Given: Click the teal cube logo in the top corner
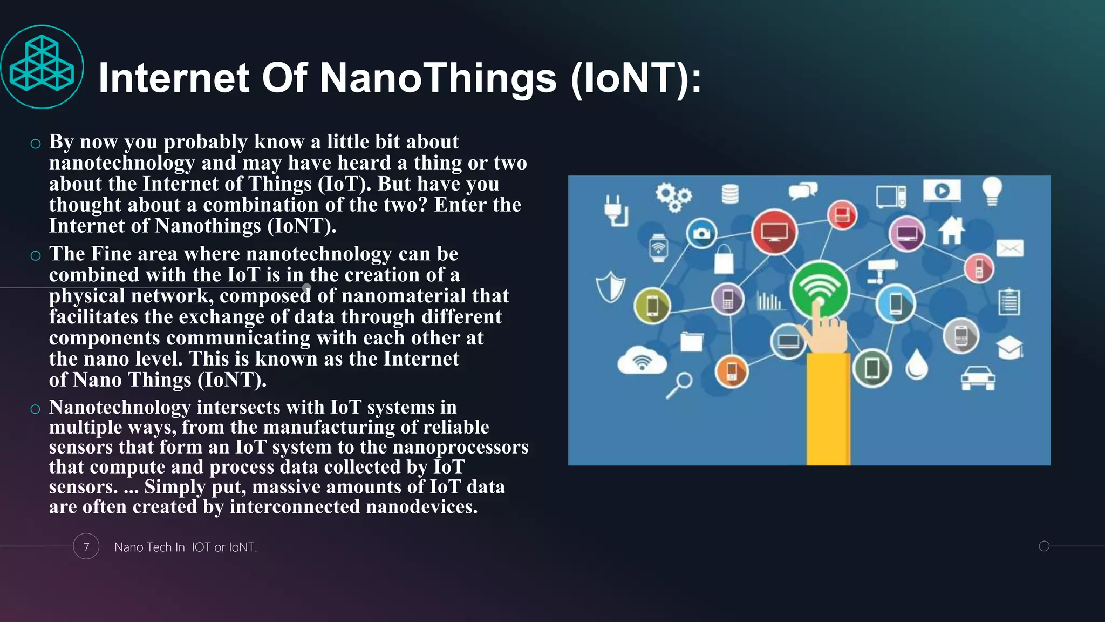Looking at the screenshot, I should pos(42,66).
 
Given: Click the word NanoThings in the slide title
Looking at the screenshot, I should pos(438,78).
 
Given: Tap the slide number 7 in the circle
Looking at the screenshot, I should pos(86,546).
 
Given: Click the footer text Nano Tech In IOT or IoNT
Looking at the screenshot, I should pos(185,547).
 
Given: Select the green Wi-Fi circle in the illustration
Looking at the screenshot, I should pos(819,289).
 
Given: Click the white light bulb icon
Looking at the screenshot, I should pos(992,191).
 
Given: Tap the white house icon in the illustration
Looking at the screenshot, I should pos(951,231).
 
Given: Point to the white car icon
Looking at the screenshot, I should pos(978,377).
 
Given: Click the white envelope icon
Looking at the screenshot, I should pos(1009,248).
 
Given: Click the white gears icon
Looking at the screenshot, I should pos(673,197).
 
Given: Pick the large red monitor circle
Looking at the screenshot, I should pos(774,232).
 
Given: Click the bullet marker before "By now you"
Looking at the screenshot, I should pos(36,144).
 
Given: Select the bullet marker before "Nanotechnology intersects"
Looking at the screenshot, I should pos(36,409).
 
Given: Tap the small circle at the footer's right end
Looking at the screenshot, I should pos(1044,546).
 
